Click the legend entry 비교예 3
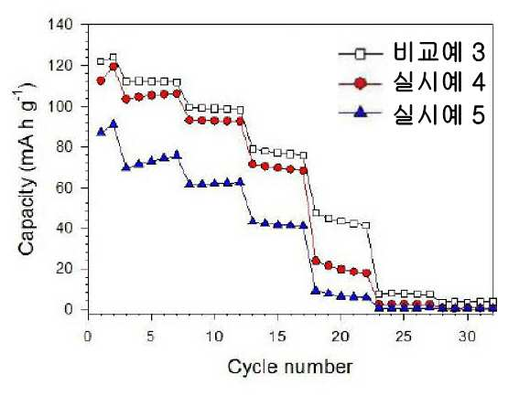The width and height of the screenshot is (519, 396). coord(438,53)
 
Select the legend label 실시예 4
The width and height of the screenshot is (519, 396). coord(438,83)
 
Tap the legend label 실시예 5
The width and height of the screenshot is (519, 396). coord(438,114)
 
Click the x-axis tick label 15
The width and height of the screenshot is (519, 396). coord(277,337)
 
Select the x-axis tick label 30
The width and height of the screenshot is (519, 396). coord(468,337)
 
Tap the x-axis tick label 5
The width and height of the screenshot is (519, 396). coord(151,337)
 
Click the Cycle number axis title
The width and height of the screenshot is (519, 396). coord(290,367)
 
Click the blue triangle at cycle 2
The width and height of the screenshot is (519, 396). coord(114,124)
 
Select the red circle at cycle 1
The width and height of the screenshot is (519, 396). coord(101,80)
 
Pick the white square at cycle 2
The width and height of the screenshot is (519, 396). coord(114,58)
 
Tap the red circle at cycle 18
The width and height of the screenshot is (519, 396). coord(316,261)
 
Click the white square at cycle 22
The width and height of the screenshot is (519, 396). coord(366,225)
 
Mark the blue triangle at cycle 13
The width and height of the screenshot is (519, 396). coord(253,221)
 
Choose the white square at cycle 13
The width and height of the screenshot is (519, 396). coord(253,149)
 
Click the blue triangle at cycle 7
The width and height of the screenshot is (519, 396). coord(177,155)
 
